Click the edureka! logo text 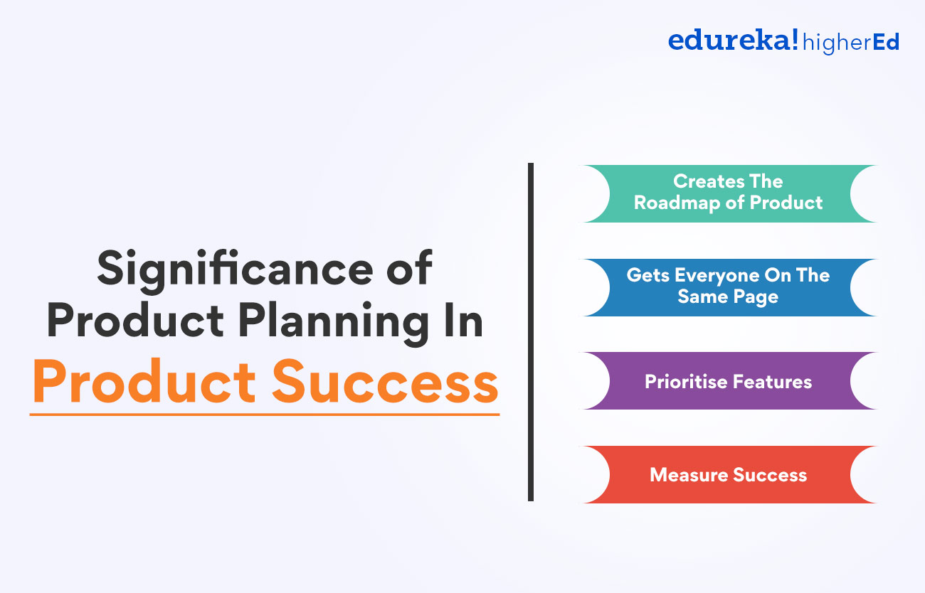(733, 41)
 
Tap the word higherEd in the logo (850, 43)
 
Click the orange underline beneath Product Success (265, 413)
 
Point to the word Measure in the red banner (685, 475)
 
